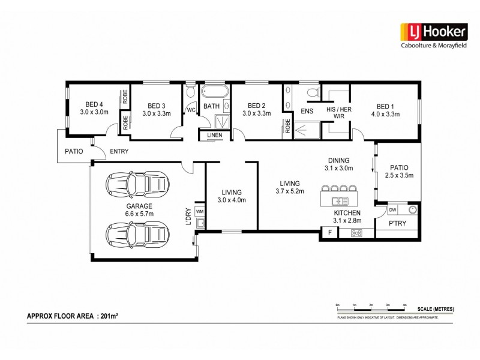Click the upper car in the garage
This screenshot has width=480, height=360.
pyautogui.click(x=138, y=183)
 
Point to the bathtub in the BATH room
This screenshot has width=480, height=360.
pyautogui.click(x=214, y=92)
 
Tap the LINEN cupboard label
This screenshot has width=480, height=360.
pyautogui.click(x=214, y=136)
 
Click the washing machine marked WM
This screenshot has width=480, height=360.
pyautogui.click(x=200, y=211)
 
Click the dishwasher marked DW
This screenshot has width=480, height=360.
pyautogui.click(x=392, y=210)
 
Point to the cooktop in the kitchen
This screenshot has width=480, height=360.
pyautogui.click(x=356, y=233)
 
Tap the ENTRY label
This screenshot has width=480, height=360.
pyautogui.click(x=119, y=151)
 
